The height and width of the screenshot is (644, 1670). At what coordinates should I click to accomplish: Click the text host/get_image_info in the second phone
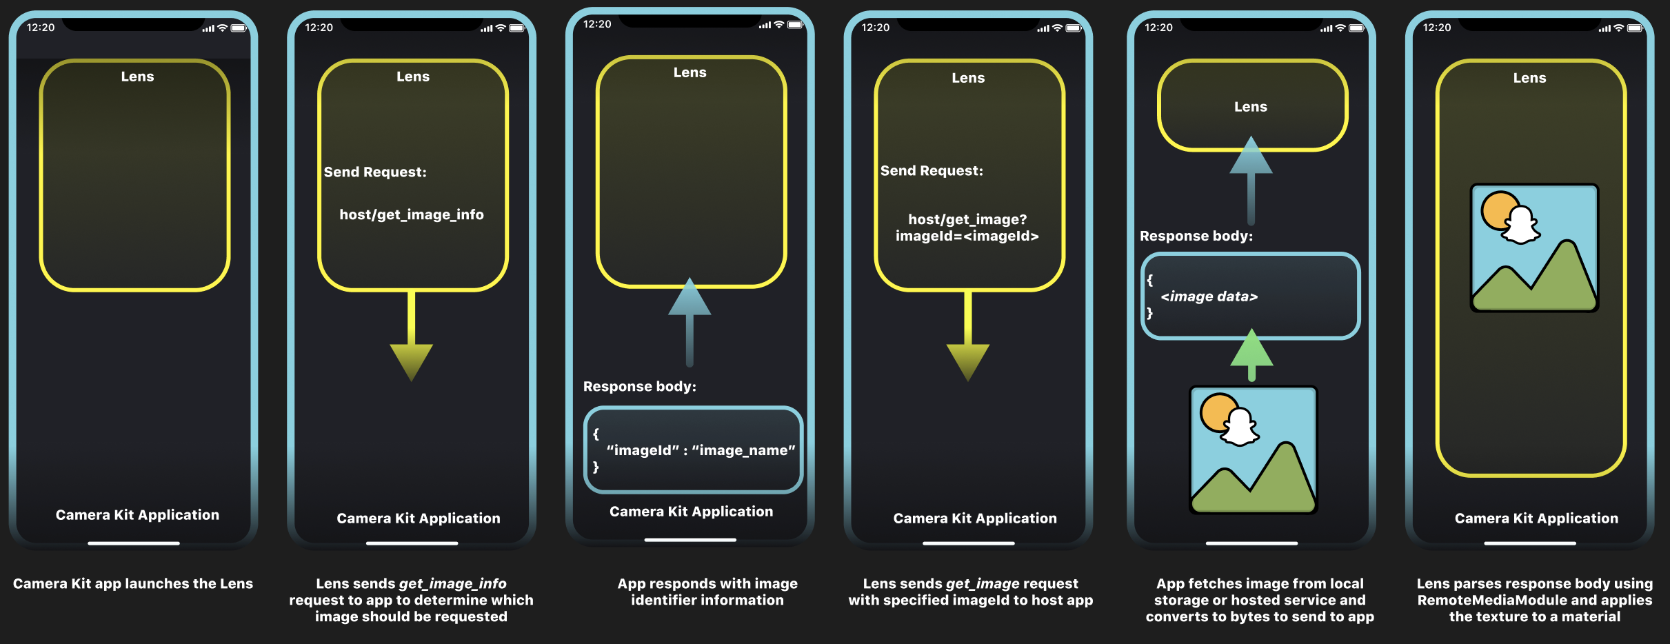click(412, 214)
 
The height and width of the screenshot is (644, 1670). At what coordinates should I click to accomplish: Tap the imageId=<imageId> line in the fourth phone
click(967, 236)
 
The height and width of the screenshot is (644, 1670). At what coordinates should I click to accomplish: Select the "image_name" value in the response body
click(743, 450)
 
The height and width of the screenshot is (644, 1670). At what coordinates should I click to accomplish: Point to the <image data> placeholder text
click(1209, 296)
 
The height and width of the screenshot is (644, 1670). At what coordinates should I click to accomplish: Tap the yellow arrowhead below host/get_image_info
click(411, 361)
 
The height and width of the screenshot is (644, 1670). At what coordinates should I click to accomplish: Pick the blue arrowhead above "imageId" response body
click(690, 298)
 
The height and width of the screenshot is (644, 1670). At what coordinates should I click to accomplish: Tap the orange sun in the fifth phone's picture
click(1218, 412)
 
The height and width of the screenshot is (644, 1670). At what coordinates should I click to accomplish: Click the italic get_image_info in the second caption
click(452, 583)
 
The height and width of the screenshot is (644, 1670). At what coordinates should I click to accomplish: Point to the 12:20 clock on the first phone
click(41, 28)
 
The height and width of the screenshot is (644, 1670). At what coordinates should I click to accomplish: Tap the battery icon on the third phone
click(795, 25)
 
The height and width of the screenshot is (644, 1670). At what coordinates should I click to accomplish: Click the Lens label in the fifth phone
click(1250, 107)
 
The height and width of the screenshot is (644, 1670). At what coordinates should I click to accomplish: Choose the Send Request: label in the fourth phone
click(932, 170)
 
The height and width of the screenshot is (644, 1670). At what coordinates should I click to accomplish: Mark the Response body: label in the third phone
click(639, 386)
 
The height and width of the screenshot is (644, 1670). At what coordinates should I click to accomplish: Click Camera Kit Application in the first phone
click(137, 515)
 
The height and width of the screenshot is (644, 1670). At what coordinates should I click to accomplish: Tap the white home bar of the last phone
click(1529, 543)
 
